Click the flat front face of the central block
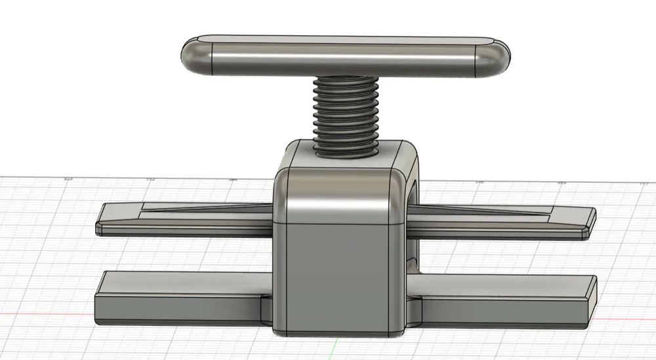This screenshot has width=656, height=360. click(338, 275)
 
